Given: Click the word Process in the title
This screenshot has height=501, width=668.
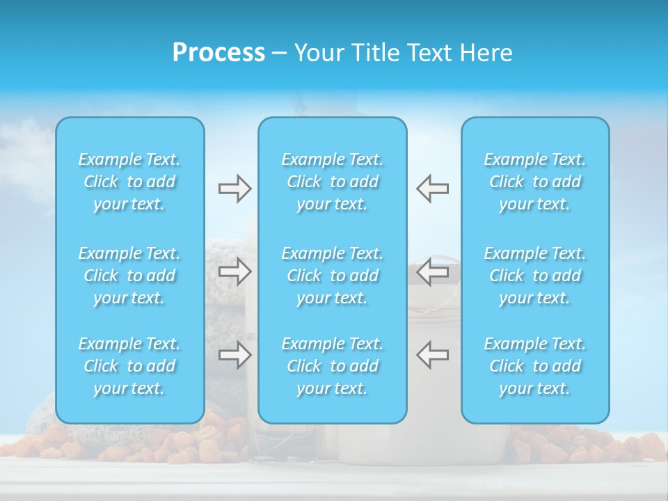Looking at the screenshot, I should tap(218, 53).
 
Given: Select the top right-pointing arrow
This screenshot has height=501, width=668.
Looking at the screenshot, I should tap(234, 189).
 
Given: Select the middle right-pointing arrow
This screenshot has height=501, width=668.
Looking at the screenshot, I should tap(234, 271).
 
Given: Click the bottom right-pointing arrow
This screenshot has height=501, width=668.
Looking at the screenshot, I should tap(234, 355).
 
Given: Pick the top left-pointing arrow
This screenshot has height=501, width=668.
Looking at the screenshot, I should tap(432, 189).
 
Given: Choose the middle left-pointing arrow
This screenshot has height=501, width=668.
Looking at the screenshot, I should tap(432, 271).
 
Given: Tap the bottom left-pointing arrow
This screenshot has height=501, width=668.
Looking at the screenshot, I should tap(432, 355).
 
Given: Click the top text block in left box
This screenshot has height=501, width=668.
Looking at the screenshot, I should tap(129, 182).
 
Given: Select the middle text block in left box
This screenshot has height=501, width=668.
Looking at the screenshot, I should tap(129, 276).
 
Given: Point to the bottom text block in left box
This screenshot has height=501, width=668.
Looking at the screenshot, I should tap(129, 366).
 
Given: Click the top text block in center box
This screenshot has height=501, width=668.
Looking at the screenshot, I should tap(332, 182).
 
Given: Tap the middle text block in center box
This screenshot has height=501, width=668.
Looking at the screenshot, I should tap(332, 276).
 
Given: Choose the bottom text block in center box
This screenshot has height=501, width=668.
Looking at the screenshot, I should tap(332, 366).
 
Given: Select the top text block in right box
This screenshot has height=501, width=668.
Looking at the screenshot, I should tap(534, 182).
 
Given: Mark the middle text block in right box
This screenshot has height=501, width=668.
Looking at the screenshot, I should tap(534, 276).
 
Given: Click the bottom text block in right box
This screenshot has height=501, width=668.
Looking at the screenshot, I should tap(534, 366).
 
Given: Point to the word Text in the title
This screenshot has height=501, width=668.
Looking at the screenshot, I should tap(430, 53).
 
